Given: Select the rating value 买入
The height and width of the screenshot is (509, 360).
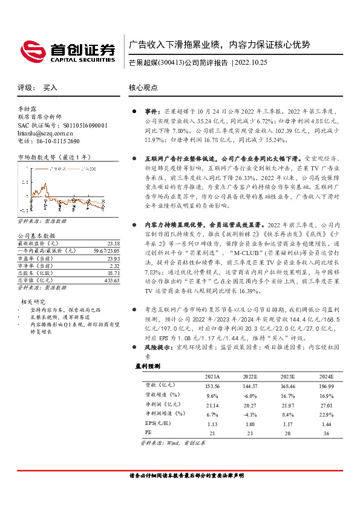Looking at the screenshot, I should (x=50, y=88).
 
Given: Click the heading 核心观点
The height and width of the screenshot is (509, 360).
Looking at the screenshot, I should (x=143, y=88).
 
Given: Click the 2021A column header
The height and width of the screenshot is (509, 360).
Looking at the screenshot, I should (x=212, y=377).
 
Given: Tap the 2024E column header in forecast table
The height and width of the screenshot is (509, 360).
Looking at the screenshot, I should (x=326, y=377).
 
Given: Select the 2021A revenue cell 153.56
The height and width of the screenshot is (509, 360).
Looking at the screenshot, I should (x=212, y=385).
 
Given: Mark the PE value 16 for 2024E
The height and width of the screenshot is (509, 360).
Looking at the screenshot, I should (x=326, y=433).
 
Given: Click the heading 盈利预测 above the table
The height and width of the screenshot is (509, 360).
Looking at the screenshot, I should (x=149, y=366).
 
